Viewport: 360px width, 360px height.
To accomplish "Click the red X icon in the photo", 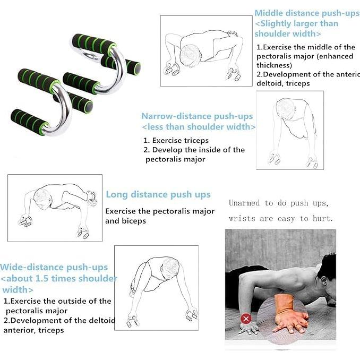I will coord(245,319).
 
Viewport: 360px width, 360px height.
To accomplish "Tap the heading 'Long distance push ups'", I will coord(158,195).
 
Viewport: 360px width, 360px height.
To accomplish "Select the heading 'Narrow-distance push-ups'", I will coord(197,116).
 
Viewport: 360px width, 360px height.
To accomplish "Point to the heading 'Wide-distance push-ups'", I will coord(54,268).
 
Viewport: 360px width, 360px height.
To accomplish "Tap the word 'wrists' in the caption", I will coord(242,218).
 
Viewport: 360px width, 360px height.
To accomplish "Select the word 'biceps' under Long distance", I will coord(133,220).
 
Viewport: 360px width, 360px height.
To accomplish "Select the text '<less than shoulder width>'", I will coord(199,127).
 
